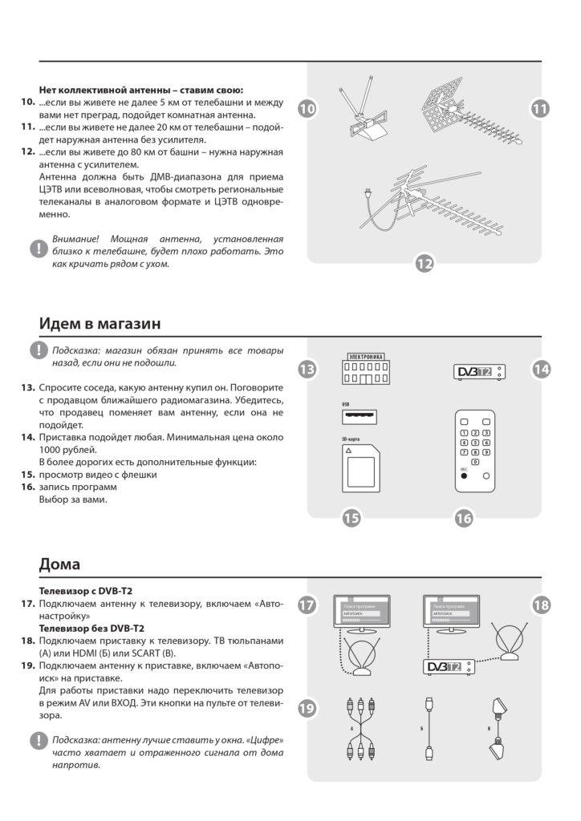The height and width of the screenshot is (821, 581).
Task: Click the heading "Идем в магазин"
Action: pyautogui.click(x=100, y=323)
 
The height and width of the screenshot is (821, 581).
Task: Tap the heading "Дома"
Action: pyautogui.click(x=59, y=564)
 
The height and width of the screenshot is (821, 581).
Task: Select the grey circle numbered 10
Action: pyautogui.click(x=308, y=108)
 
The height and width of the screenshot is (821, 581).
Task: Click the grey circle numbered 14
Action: pyautogui.click(x=542, y=369)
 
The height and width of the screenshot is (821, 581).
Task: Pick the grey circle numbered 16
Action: pyautogui.click(x=464, y=518)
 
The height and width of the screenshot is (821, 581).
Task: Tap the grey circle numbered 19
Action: pyautogui.click(x=308, y=708)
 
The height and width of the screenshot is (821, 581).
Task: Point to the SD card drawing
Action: pyautogui.click(x=360, y=468)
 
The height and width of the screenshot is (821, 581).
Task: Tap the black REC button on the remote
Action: pyautogui.click(x=463, y=475)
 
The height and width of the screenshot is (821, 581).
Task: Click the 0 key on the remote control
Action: pyautogui.click(x=475, y=462)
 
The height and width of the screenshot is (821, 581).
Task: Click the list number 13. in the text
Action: pyautogui.click(x=28, y=386)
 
